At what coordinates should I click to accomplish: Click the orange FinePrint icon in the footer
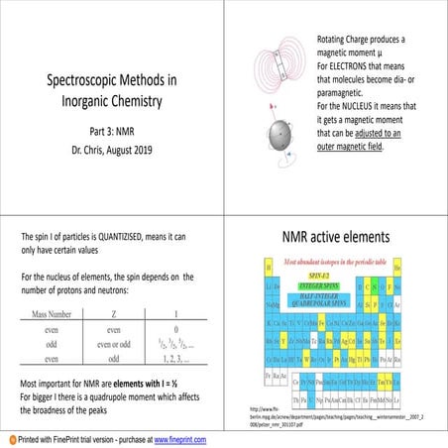(x=9, y=437)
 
